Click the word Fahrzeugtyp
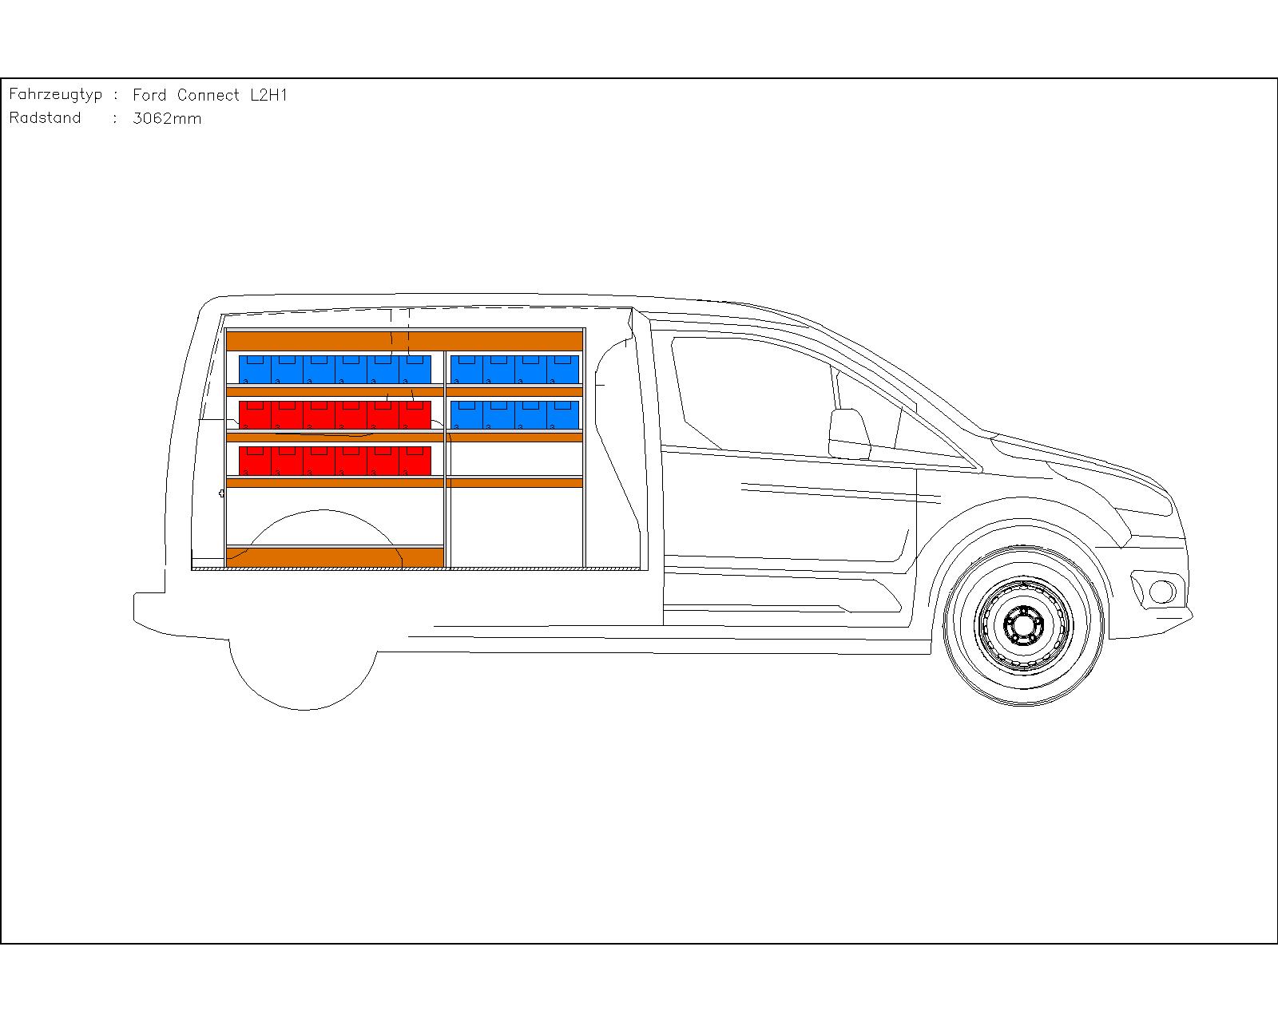55,95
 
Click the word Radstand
46,117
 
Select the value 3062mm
167,118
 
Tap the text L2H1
268,95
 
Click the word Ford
149,95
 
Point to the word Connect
208,95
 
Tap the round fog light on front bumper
1161,592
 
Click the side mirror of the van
850,434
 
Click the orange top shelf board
404,342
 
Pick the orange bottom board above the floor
335,557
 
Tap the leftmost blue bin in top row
255,370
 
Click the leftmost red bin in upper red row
255,414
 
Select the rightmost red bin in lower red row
415,460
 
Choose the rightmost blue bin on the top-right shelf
562,370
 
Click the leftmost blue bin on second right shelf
466,414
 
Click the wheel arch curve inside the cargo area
323,512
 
